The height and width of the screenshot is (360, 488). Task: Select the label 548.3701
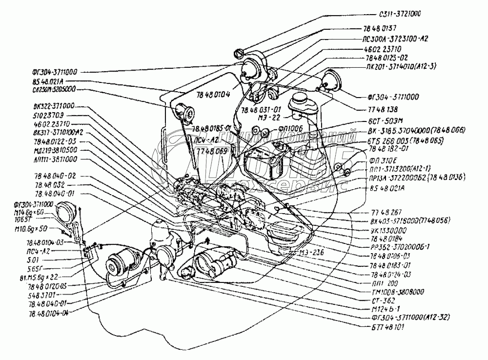46,295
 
